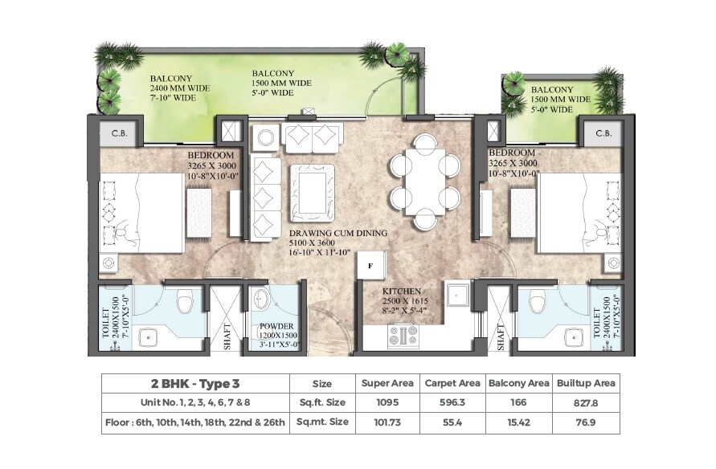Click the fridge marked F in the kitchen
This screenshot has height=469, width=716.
click(371, 263)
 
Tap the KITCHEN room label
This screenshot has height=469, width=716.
click(402, 292)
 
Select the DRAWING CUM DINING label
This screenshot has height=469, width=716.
click(338, 233)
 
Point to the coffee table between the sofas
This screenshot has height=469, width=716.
click(309, 190)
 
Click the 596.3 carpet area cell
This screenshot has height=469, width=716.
click(452, 402)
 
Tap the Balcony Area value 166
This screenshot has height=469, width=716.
click(518, 402)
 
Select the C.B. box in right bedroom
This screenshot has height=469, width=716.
click(603, 133)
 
